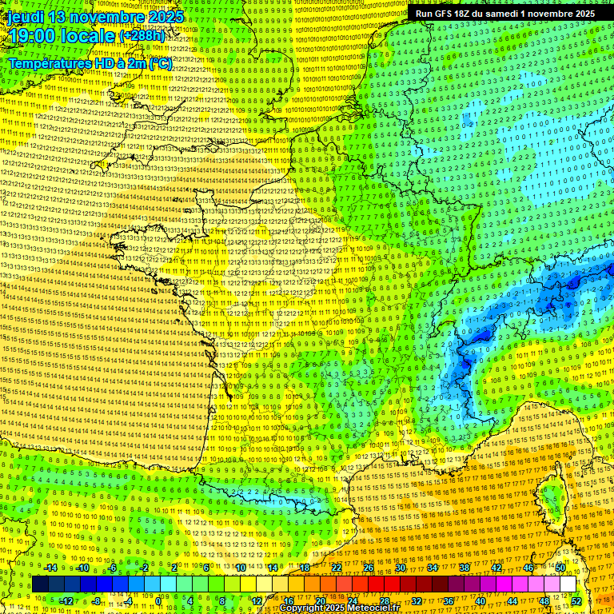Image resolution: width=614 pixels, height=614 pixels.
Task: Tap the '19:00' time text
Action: pyautogui.click(x=34, y=36)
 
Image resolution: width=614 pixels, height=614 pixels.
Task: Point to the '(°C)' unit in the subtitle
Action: pyautogui.click(x=158, y=62)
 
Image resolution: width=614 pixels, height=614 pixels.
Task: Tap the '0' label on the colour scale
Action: pyautogui.click(x=159, y=601)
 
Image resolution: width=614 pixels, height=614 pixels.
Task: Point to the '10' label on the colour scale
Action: pyautogui.click(x=241, y=568)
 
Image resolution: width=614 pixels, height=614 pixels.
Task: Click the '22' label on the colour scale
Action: pyautogui.click(x=337, y=568)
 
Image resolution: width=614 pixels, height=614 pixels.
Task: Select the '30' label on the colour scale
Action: pyautogui.click(x=401, y=568)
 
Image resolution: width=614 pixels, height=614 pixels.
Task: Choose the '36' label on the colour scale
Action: pyautogui.click(x=449, y=601)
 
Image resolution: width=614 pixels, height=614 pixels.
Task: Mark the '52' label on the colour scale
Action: pyautogui.click(x=576, y=601)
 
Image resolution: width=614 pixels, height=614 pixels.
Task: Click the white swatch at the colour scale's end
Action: pyautogui.click(x=568, y=584)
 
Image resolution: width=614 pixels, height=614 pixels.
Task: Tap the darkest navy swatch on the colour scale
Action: pyautogui.click(x=40, y=584)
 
